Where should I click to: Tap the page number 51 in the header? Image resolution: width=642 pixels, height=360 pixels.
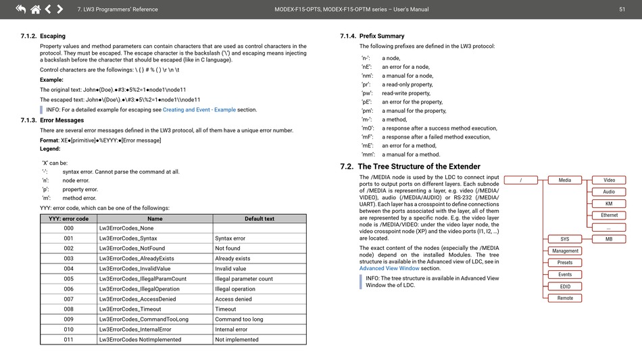click(x=622, y=9)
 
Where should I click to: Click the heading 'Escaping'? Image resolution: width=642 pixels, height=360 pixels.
click(x=53, y=36)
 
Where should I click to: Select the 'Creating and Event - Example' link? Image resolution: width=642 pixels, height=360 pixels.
click(x=199, y=109)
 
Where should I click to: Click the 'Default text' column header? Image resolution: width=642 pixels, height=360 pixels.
click(x=259, y=219)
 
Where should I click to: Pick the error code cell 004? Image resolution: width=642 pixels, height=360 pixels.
click(x=68, y=268)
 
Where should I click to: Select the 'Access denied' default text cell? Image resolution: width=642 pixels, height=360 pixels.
click(x=233, y=299)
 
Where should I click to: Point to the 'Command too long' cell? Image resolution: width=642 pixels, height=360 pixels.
click(x=239, y=319)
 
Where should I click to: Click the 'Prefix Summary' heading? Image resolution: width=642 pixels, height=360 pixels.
click(x=382, y=36)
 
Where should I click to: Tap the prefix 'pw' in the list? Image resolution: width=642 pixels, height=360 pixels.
click(x=367, y=93)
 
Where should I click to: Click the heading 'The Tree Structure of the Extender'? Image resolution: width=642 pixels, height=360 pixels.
click(x=419, y=166)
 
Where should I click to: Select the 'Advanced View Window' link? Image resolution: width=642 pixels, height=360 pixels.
click(x=389, y=268)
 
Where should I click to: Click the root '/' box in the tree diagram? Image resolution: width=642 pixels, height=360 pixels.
click(x=521, y=180)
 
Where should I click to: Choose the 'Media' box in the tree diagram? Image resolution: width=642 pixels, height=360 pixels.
click(x=565, y=180)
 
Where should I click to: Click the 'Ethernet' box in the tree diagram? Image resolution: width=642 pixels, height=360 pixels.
click(x=609, y=215)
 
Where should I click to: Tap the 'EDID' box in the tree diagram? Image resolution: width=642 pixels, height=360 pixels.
click(x=565, y=286)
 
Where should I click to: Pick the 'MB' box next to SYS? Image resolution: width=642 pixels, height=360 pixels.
click(x=609, y=239)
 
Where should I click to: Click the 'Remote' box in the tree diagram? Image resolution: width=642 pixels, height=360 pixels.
click(x=565, y=298)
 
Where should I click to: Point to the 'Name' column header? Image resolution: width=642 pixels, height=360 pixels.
click(x=155, y=219)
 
